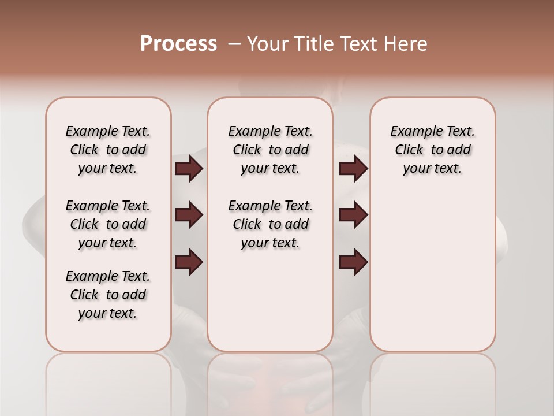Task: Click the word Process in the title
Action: point(178,44)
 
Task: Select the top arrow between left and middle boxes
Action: point(189,169)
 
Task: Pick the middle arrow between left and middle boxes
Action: point(189,215)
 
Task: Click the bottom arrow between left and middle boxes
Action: point(189,262)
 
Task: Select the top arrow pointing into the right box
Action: point(353,169)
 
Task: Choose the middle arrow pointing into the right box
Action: point(353,215)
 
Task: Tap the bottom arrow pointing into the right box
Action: point(353,262)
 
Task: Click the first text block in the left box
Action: point(108,150)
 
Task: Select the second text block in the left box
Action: point(108,224)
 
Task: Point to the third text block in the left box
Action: point(108,295)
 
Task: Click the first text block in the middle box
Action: point(270,150)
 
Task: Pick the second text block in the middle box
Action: point(270,224)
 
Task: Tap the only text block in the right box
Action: point(432,150)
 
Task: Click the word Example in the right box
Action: point(412,132)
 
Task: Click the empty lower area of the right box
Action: point(432,277)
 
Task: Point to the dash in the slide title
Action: point(234,44)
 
